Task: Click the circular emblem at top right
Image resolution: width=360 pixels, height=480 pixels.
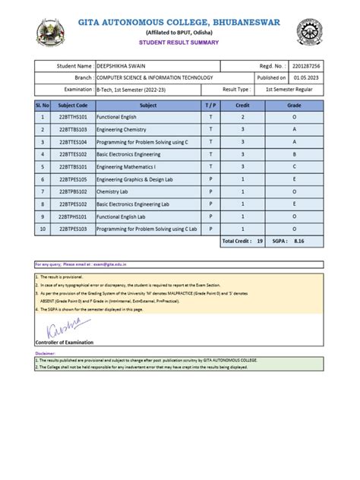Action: pyautogui.click(x=311, y=32)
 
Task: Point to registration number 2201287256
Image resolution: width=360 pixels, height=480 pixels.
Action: pyautogui.click(x=308, y=67)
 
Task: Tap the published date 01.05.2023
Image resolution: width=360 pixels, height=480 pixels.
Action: pyautogui.click(x=308, y=77)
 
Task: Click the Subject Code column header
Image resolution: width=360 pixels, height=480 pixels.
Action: pyautogui.click(x=72, y=105)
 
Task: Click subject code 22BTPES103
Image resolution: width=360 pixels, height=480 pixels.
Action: pyautogui.click(x=72, y=229)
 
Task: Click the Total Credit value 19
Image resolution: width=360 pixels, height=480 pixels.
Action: pyautogui.click(x=260, y=241)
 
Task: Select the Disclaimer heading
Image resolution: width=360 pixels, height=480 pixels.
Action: pyautogui.click(x=46, y=353)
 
